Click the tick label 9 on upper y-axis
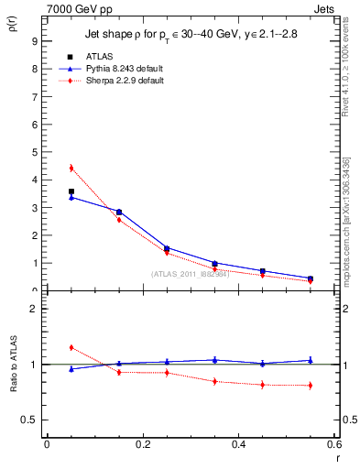(34, 41)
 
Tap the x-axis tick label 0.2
(142, 444)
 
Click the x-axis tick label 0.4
(238, 444)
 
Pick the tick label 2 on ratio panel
(34, 310)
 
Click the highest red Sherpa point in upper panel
(71, 168)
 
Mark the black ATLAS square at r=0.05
(71, 191)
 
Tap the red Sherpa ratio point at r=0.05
(71, 347)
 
